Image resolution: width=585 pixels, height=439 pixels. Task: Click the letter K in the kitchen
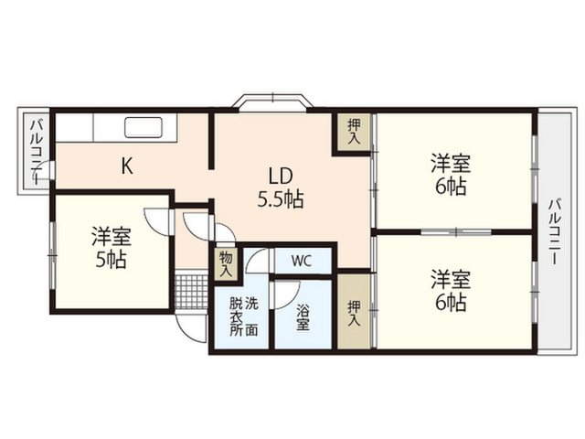pyautogui.click(x=127, y=166)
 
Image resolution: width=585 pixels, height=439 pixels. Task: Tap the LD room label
pyautogui.click(x=281, y=176)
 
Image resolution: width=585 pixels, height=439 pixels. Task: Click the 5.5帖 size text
pyautogui.click(x=281, y=199)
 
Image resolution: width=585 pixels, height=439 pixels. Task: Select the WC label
pyautogui.click(x=301, y=261)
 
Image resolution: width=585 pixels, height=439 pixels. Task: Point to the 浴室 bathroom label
pyautogui.click(x=303, y=317)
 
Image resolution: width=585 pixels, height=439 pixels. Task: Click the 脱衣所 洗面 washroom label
pyautogui.click(x=243, y=316)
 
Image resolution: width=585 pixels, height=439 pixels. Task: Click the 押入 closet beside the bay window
pyautogui.click(x=354, y=132)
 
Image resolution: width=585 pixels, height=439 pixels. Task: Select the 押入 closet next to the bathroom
pyautogui.click(x=354, y=311)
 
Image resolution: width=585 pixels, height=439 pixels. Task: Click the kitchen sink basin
pyautogui.click(x=143, y=128)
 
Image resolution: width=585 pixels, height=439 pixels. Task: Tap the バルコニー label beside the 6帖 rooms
pyautogui.click(x=554, y=231)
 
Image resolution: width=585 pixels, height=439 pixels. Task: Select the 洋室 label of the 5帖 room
pyautogui.click(x=111, y=237)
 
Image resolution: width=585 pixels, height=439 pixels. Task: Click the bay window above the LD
pyautogui.click(x=272, y=103)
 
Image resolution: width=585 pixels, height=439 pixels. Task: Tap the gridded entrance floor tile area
pyautogui.click(x=191, y=292)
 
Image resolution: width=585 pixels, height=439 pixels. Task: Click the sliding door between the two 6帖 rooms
pyautogui.click(x=456, y=232)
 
